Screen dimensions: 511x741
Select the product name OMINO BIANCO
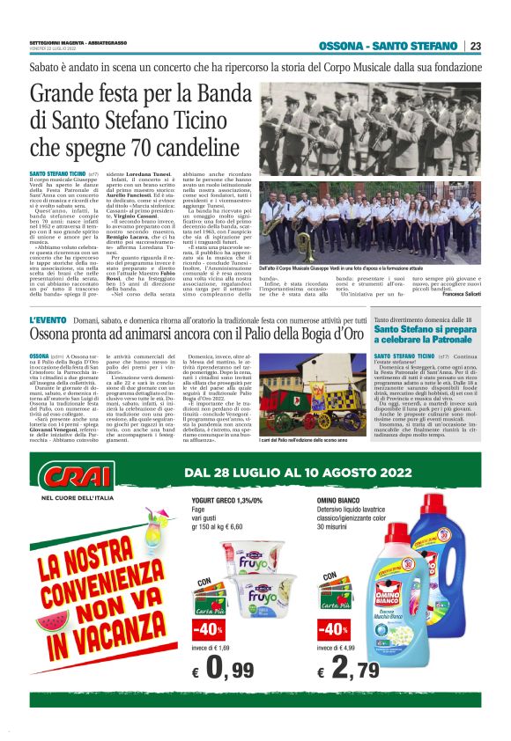(340, 499)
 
